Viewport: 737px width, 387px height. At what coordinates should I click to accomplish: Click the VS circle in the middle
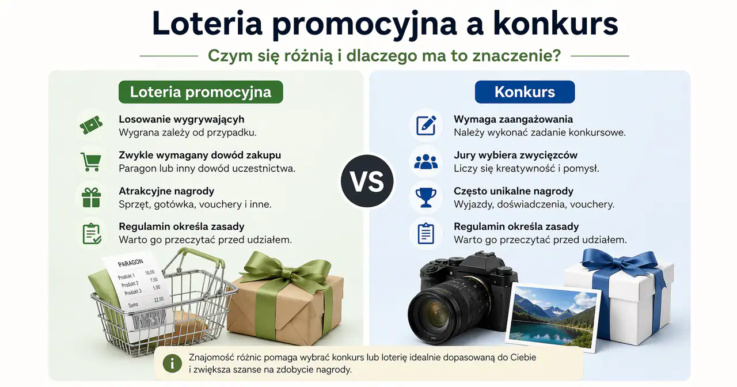coord(367,181)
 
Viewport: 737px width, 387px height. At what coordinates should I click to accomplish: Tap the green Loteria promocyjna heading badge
coord(200,92)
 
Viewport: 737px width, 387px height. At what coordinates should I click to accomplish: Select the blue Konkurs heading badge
coord(525,92)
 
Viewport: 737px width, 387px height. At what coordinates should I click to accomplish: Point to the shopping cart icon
coord(91,161)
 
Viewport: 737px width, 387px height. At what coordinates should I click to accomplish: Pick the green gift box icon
coord(91,198)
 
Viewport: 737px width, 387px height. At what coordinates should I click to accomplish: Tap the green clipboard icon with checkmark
coord(92,233)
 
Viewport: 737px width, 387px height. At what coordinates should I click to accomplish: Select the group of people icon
coord(426,162)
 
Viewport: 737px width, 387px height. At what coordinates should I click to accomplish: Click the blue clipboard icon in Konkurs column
coord(426,233)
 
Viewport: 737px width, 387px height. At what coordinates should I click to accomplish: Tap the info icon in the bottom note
coord(171,363)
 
